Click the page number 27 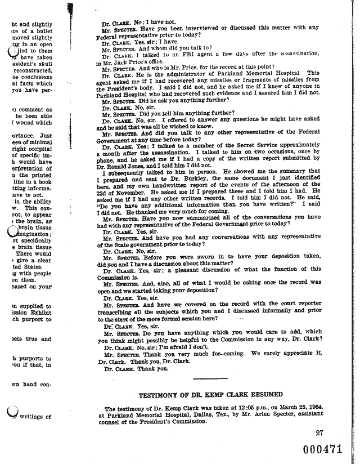321,432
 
